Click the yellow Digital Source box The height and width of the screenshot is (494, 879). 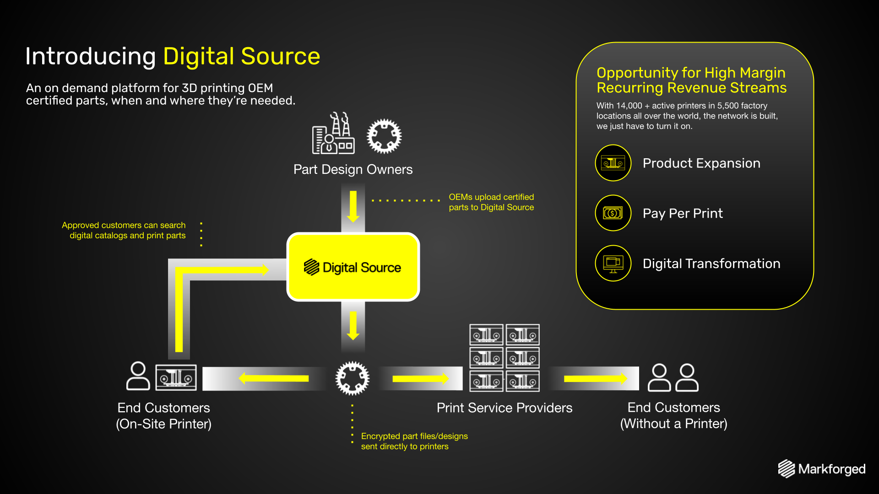pos(353,267)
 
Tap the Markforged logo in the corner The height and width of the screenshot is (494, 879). pos(821,469)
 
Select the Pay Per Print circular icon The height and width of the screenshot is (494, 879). pos(613,213)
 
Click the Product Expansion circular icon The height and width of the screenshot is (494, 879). pos(613,163)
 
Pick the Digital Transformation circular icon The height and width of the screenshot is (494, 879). pos(613,263)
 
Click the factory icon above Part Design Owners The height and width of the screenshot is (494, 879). pos(333,133)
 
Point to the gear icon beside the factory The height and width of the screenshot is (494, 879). pos(384,136)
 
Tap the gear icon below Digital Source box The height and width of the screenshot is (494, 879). pos(353,378)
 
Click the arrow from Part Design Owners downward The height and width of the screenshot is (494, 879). pos(353,207)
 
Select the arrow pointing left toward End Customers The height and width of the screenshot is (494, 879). pos(274,378)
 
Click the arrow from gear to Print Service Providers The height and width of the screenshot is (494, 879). pos(421,378)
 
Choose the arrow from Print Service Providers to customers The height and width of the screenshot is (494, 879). pos(596,378)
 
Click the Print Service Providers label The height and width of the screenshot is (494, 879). pos(505,408)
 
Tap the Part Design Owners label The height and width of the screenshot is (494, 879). pos(353,169)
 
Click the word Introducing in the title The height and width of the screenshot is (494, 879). pos(91,56)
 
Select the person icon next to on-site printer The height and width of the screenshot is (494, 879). pos(138,376)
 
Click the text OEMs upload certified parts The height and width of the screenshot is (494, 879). pos(491,202)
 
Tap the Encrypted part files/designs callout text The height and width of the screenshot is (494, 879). pos(414,441)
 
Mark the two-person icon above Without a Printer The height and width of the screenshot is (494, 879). pos(673,377)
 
